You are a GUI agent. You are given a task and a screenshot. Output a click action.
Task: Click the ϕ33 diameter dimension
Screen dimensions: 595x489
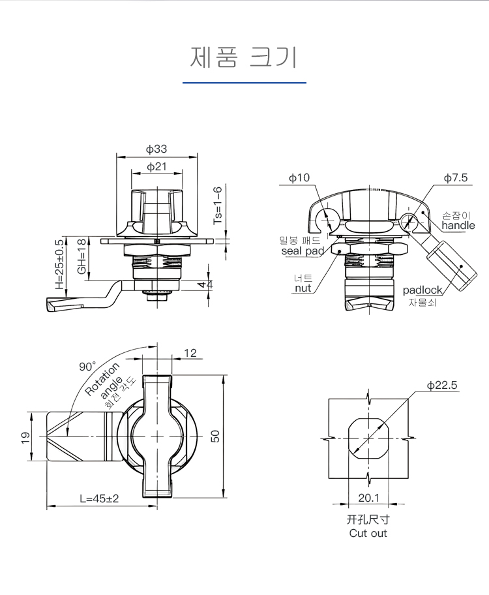[156, 149]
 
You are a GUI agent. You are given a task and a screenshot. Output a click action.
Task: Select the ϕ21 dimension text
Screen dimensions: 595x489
[156, 167]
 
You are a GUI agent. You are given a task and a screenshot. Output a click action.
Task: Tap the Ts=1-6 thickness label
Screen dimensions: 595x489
[218, 206]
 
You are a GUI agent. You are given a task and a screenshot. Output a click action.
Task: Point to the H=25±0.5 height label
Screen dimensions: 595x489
[59, 264]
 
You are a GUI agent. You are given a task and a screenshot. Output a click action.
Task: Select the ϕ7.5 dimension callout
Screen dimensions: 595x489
[456, 177]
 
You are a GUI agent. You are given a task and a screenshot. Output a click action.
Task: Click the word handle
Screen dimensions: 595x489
[458, 226]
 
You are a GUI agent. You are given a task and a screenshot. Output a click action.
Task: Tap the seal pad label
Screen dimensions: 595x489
[303, 251]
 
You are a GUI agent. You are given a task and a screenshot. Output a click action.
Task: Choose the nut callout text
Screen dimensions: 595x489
[303, 288]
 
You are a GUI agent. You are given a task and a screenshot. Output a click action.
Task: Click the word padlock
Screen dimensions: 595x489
[422, 290]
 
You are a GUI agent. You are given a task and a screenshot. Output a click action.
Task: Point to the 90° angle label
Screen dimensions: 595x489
[87, 367]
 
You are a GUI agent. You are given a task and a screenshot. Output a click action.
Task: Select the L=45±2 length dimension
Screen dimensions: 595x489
[99, 498]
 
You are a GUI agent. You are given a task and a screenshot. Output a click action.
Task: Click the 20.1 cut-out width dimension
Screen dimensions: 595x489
[368, 499]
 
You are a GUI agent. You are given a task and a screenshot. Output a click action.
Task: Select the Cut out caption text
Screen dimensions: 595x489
[368, 533]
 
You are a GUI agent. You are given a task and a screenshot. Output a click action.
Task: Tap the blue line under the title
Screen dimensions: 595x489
[244, 83]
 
